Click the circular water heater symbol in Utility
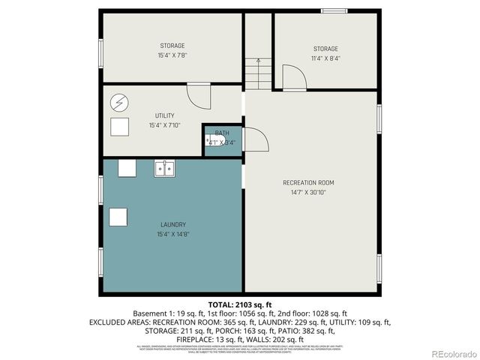119,101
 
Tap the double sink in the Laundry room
165,169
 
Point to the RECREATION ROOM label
308,182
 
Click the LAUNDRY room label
172,224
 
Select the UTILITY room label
165,115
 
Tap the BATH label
222,133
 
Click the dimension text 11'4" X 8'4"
325,58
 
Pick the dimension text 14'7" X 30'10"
308,192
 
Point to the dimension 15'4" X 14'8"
172,234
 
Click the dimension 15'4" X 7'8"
172,55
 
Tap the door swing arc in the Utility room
196,96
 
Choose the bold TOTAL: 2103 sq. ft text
239,304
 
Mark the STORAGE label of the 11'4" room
325,49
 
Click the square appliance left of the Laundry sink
127,168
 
